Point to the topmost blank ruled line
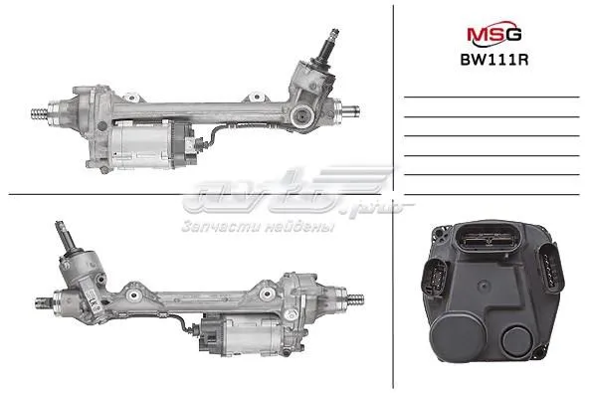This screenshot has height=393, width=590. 493,97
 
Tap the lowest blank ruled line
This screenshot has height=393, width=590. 493,175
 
